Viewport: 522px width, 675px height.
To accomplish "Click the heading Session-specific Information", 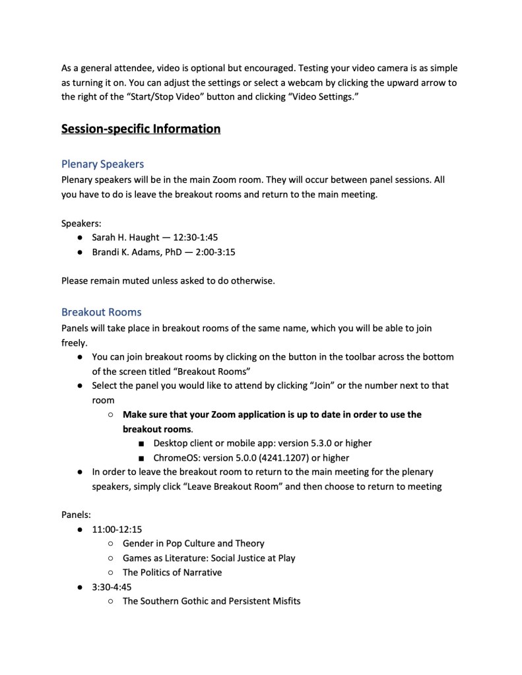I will tap(141, 129).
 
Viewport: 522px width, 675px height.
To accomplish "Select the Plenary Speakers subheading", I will tap(102, 164).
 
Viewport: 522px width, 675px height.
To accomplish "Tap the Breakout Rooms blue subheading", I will tap(101, 311).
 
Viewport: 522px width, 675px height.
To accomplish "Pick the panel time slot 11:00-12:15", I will tap(117, 529).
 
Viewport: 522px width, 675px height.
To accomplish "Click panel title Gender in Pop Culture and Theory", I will tap(193, 543).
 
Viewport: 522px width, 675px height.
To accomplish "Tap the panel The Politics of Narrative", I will tap(172, 572).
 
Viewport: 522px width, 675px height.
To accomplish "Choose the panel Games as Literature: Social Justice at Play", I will tap(209, 558).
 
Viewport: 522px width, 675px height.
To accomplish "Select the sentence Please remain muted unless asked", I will tap(168, 280).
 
